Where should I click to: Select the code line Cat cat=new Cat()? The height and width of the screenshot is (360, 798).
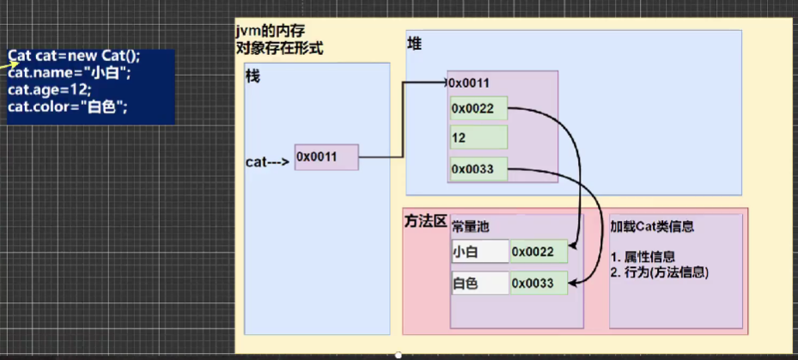(x=74, y=56)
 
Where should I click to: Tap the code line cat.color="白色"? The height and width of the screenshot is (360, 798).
(x=68, y=107)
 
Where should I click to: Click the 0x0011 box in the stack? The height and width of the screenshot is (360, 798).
(x=326, y=156)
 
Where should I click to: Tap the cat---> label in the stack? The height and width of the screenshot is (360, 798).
(x=267, y=160)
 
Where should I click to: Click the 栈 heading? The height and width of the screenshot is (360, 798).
(x=253, y=77)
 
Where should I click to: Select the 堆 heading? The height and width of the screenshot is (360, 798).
(x=414, y=43)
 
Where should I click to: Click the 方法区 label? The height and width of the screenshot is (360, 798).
(x=425, y=222)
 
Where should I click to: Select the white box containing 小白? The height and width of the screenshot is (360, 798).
(x=479, y=252)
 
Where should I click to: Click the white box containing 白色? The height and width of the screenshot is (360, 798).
(x=479, y=283)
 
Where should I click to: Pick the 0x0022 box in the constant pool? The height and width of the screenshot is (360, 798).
(x=538, y=252)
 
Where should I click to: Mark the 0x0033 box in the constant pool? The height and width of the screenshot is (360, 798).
(x=538, y=283)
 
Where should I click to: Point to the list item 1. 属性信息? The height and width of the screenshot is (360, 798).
(x=643, y=257)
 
